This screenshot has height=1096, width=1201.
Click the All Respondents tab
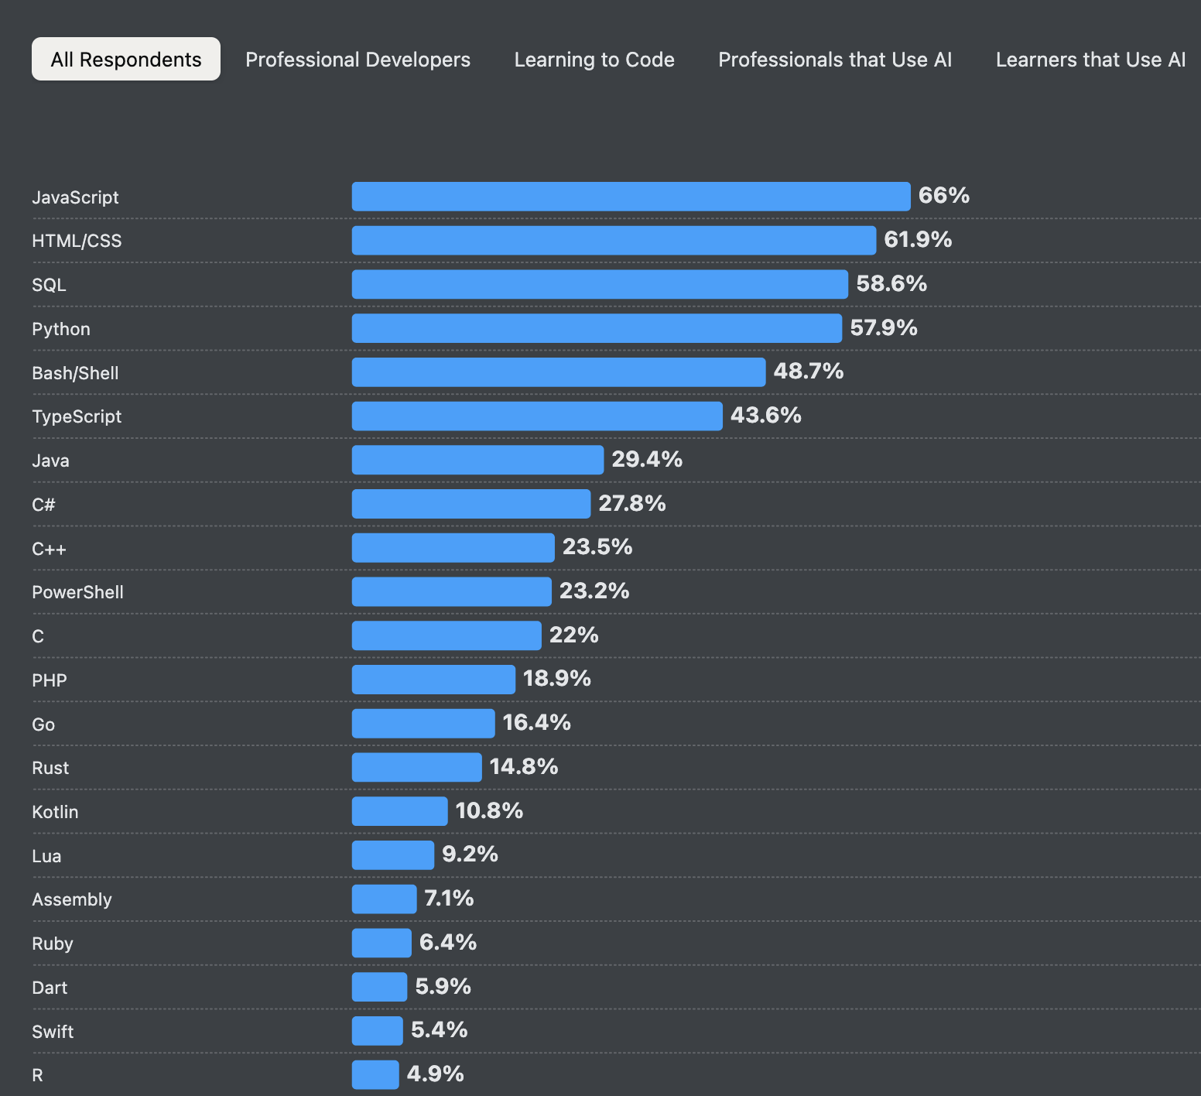(x=126, y=60)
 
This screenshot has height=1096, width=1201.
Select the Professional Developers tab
(x=358, y=60)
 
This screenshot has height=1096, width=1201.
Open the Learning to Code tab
(x=594, y=60)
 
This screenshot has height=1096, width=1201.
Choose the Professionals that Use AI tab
(x=835, y=60)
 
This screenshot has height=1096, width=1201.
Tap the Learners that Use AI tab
(x=1090, y=60)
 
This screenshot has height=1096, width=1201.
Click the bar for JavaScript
(x=631, y=197)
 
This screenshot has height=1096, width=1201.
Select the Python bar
(x=597, y=328)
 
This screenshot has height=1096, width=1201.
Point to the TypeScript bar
(x=537, y=416)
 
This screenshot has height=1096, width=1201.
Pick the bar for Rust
(x=416, y=767)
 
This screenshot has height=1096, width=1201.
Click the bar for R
(x=375, y=1074)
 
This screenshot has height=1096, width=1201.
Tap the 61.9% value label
(x=918, y=239)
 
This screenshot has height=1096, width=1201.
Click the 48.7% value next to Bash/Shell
(x=808, y=371)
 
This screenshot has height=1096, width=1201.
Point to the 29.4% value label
(x=647, y=459)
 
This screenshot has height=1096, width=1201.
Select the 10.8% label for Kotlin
(x=489, y=810)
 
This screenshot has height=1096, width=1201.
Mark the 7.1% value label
(x=449, y=898)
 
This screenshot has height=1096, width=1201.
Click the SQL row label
(x=49, y=285)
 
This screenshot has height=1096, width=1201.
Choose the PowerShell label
(x=77, y=592)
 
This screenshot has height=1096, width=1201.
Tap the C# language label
(x=43, y=505)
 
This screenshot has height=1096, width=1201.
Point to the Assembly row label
(x=72, y=899)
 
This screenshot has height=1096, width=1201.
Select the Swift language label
(x=53, y=1032)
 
